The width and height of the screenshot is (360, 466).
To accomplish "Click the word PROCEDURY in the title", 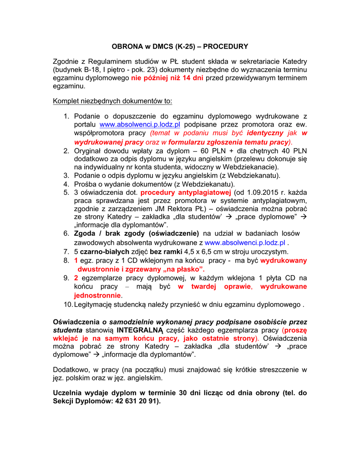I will pos(226,46).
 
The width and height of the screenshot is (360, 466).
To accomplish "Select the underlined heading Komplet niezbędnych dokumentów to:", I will pos(112,101).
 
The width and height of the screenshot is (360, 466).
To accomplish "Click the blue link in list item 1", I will pos(140,124).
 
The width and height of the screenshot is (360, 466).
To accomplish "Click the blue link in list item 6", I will pos(245,243).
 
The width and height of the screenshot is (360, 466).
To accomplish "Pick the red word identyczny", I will pos(265,133).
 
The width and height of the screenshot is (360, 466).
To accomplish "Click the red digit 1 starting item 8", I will pos(76,261).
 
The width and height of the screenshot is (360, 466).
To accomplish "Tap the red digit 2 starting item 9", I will pos(76,278).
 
